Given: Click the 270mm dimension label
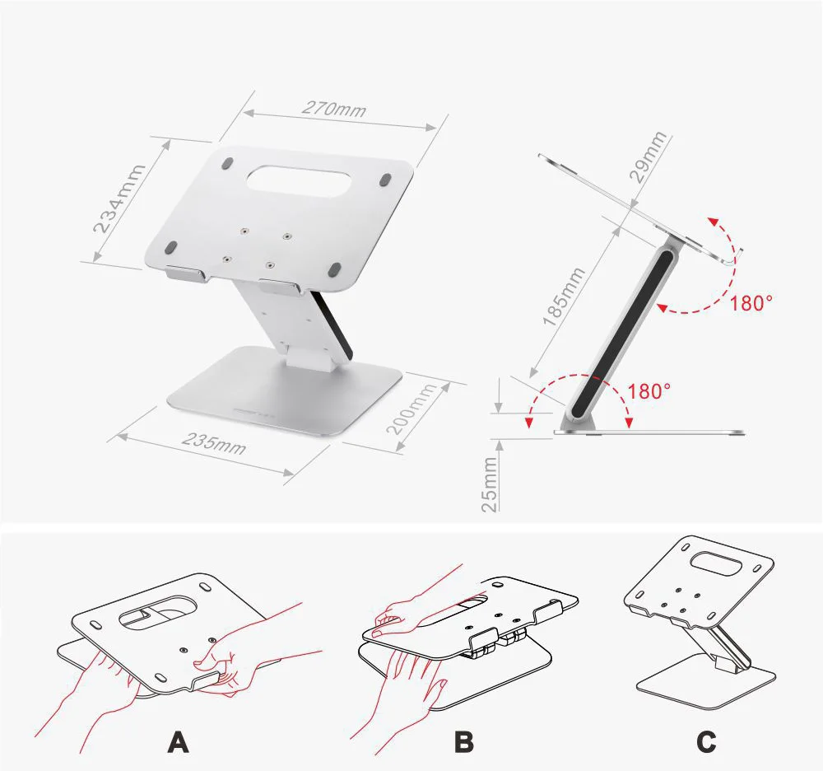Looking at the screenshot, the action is click(334, 108).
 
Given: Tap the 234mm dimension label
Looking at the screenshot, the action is click(119, 199).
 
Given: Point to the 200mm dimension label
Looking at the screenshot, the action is click(412, 409).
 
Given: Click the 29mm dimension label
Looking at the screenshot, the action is click(649, 157).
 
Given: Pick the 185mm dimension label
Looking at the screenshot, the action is click(564, 297).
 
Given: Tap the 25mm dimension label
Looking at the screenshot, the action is click(489, 484).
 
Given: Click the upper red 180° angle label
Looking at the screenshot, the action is click(751, 303).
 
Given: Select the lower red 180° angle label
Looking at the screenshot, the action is click(649, 391).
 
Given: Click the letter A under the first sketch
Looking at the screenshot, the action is click(178, 742).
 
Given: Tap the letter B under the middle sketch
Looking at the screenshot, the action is click(464, 742).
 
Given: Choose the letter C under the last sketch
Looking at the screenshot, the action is click(706, 742).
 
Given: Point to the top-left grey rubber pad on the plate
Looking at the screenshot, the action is click(227, 163).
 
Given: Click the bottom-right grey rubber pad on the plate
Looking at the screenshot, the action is click(334, 269).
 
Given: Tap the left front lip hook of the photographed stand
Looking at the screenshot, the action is click(186, 275).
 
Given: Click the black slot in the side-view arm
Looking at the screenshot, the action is click(622, 332).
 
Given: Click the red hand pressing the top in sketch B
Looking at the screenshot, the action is click(420, 604).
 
